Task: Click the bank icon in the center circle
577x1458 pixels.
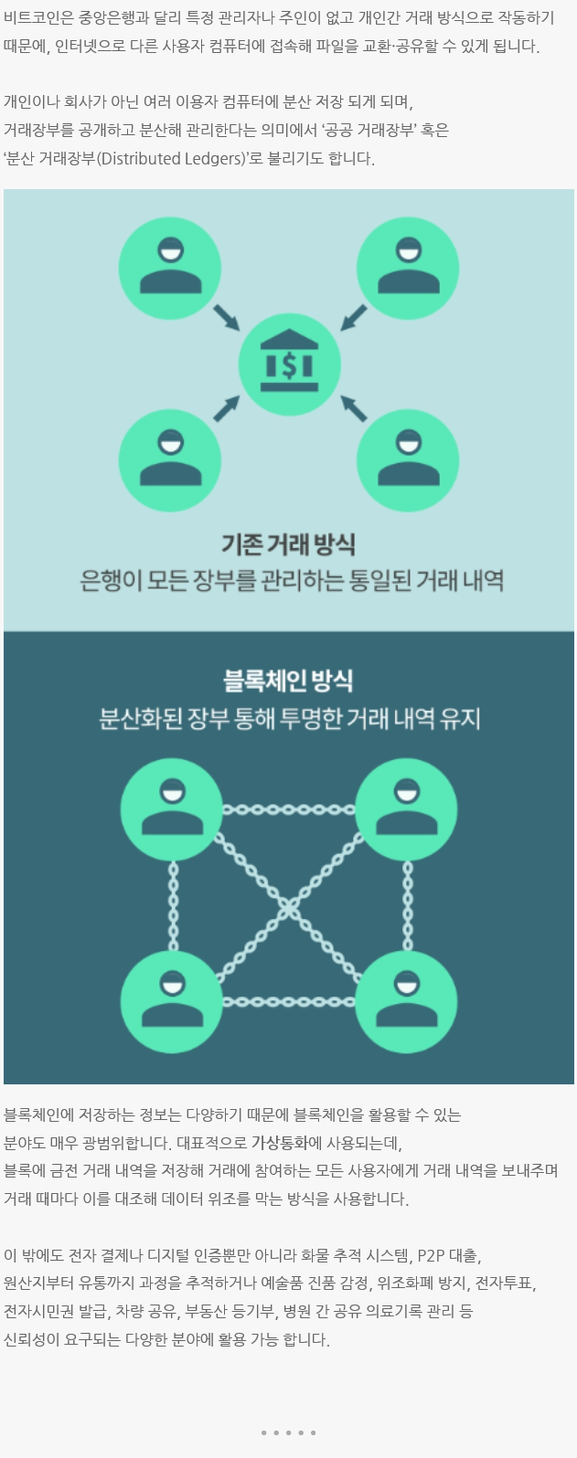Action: point(289,365)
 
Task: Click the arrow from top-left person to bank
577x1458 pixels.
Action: point(226,317)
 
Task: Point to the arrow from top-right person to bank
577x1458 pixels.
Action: point(353,317)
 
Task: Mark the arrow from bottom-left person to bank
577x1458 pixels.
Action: point(226,408)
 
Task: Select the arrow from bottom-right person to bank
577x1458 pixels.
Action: point(354,408)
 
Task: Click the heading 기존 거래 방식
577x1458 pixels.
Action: point(288,544)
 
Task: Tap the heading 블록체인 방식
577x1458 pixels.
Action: point(288,680)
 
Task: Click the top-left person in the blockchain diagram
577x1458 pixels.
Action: point(171,809)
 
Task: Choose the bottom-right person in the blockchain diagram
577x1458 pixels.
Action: point(406,1001)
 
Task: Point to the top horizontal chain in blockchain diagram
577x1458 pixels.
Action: point(288,809)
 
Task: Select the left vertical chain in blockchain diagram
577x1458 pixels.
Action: point(172,905)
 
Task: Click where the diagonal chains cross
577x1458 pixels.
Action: point(289,906)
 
